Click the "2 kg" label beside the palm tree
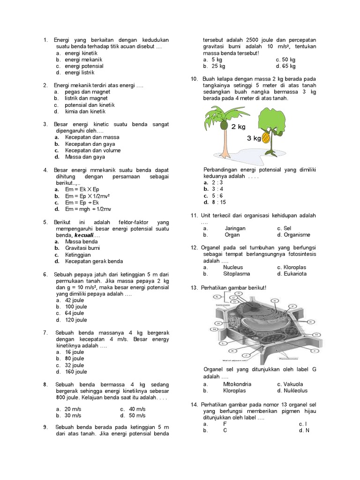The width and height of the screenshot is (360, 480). (x=238, y=127)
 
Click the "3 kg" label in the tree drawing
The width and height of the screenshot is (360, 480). (x=254, y=138)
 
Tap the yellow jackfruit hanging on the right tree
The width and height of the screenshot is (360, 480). (x=265, y=138)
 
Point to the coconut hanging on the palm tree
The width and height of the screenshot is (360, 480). (x=224, y=126)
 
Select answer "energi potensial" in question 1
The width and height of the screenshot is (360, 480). (x=84, y=66)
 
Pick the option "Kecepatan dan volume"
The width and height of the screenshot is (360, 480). (x=93, y=150)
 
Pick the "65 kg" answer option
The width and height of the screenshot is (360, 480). (x=289, y=66)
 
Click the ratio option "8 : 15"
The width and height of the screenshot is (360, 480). (x=218, y=202)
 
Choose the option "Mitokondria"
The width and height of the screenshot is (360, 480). (x=237, y=384)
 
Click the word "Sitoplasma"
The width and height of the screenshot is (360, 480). (x=237, y=273)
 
